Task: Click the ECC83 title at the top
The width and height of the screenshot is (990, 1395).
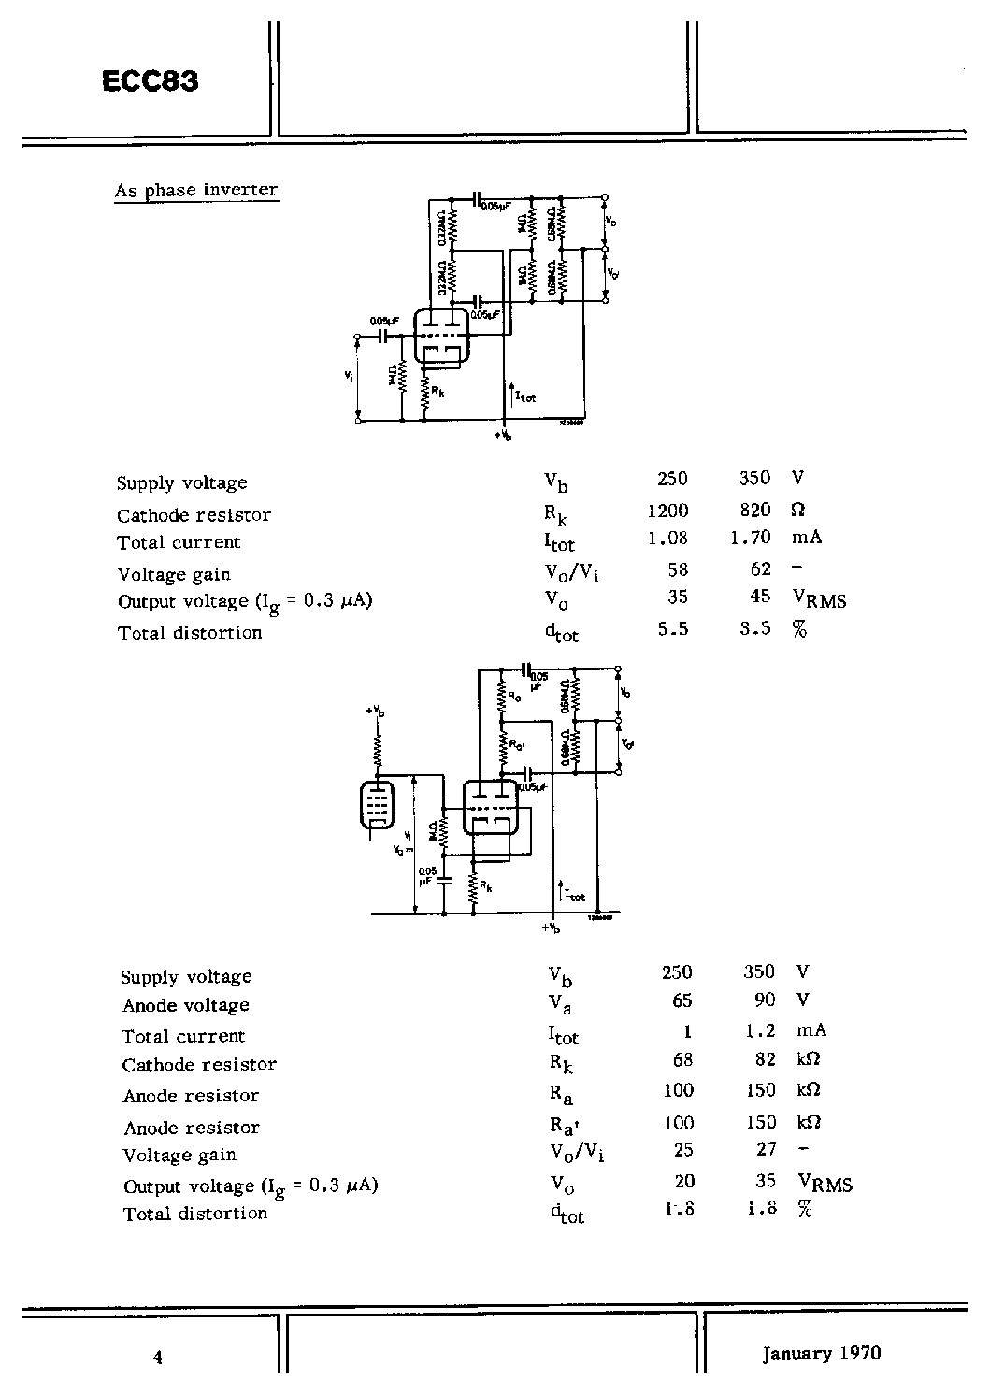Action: [x=150, y=82]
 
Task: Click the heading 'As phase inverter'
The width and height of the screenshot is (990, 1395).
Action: [x=196, y=190]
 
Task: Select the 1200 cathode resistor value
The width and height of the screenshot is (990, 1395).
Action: [x=667, y=511]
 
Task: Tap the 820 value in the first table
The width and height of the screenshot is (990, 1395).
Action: [x=754, y=510]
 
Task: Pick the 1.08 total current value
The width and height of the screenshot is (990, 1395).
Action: [x=667, y=539]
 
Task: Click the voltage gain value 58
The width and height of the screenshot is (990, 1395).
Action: [x=678, y=569]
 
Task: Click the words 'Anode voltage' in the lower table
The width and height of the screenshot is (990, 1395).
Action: [x=186, y=1006]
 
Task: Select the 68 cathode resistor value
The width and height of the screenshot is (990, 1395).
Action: [x=682, y=1060]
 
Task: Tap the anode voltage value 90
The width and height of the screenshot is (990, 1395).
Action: [x=764, y=1000]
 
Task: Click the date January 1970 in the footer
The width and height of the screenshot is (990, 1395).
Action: [x=821, y=1353]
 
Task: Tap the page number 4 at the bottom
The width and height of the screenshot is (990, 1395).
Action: [x=158, y=1358]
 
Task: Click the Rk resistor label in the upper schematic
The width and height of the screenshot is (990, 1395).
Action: [x=438, y=393]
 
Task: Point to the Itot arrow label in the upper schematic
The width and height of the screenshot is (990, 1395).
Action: [x=524, y=395]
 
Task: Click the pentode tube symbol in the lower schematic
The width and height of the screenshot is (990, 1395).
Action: [x=377, y=805]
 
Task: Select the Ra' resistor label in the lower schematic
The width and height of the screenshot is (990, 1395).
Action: [x=515, y=745]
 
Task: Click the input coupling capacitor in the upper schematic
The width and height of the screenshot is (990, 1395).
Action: [x=382, y=335]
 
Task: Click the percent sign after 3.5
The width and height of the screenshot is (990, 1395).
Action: [x=798, y=629]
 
